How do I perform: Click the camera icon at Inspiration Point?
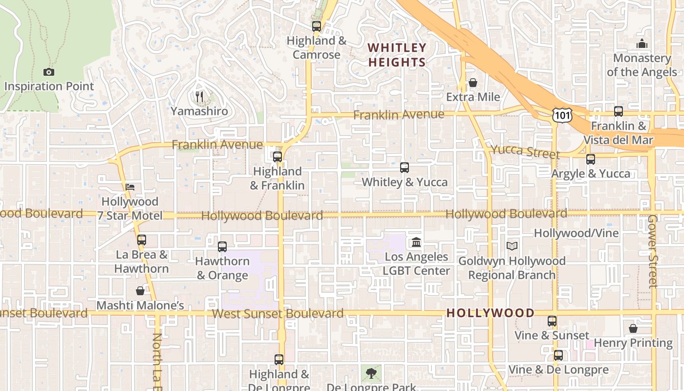[49, 72]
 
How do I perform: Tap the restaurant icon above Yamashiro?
[199, 97]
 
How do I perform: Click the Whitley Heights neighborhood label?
[397, 55]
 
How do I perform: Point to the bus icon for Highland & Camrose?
[317, 26]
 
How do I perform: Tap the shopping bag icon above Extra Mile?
[473, 83]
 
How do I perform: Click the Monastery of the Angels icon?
[642, 44]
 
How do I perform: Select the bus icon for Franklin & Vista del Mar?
[619, 111]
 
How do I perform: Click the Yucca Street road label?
[525, 152]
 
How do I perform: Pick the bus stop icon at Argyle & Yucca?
[591, 159]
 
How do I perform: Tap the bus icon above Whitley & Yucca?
[405, 168]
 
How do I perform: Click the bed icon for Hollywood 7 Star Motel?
[130, 187]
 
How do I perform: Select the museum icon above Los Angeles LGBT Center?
[416, 242]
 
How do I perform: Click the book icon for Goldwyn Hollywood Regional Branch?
[512, 246]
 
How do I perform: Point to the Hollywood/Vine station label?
[576, 233]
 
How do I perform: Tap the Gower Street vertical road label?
[653, 251]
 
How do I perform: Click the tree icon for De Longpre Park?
[371, 373]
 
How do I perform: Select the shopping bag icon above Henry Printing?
[633, 328]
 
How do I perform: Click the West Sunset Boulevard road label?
[278, 313]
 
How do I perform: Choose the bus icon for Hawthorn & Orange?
[222, 247]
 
